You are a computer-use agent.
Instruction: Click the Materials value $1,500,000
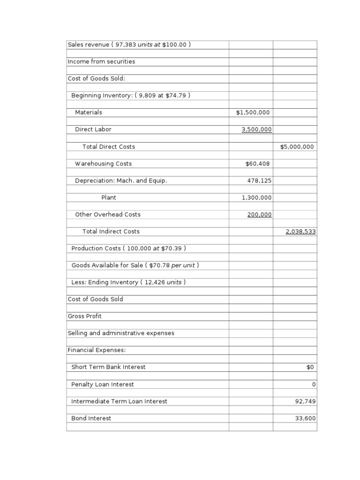[253, 112]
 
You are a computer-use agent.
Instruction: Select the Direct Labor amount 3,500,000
[256, 129]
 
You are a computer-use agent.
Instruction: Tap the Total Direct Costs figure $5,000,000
[297, 147]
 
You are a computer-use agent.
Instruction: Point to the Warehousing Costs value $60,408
[257, 164]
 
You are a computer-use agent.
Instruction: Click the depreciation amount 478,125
[259, 180]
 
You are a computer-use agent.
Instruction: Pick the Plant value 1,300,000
[256, 198]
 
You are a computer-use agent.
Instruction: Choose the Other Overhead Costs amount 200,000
[259, 215]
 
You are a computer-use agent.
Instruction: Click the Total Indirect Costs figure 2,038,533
[300, 232]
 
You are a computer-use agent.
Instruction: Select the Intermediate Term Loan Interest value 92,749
[305, 401]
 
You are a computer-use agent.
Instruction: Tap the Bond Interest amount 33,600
[305, 418]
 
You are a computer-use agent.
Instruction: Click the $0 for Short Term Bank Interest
[311, 367]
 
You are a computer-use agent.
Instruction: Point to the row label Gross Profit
[84, 316]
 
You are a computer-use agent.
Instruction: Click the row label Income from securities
[101, 61]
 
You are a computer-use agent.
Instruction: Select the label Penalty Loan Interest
[102, 384]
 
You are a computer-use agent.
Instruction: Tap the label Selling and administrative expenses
[121, 333]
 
